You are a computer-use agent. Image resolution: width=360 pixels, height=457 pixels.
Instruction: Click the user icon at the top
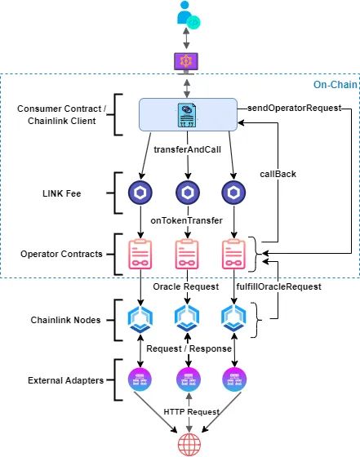189,14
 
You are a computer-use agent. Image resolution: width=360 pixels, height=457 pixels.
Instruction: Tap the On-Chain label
335,85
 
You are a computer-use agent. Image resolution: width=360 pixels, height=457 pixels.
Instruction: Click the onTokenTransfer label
189,220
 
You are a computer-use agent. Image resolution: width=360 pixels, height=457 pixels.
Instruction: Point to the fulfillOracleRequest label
278,286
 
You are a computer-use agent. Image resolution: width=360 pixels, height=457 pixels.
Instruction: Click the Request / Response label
189,348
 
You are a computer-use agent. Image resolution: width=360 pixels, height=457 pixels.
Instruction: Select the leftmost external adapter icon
141,380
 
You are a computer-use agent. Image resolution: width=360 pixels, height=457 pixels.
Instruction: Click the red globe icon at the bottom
189,443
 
